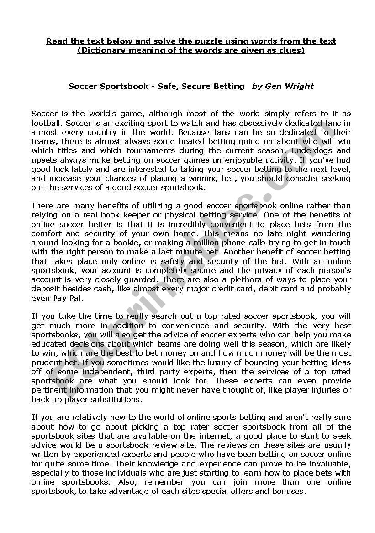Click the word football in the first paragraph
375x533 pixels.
(x=47, y=123)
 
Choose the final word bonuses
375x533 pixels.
(x=288, y=491)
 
